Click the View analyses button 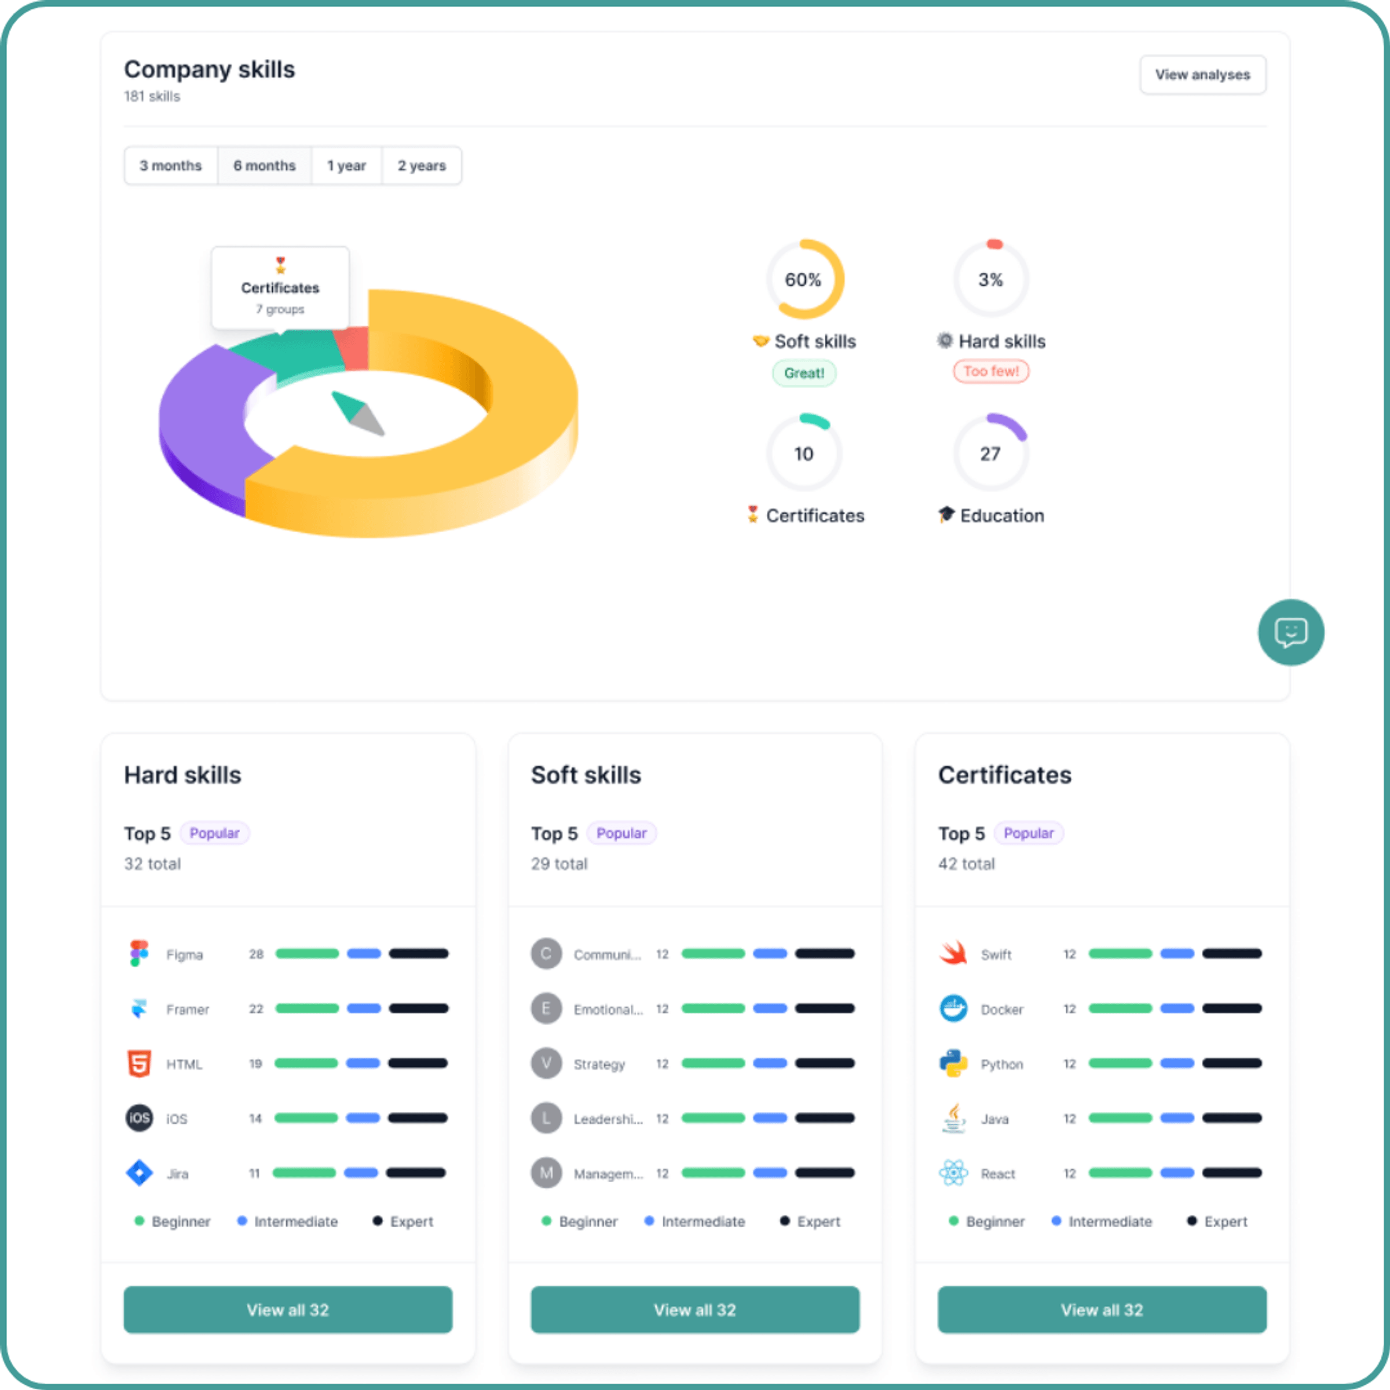[1202, 75]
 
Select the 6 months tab [264, 166]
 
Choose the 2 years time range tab [422, 166]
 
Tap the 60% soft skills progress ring [804, 279]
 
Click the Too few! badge [991, 371]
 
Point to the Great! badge [804, 372]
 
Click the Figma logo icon [139, 953]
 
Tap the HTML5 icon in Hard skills [139, 1063]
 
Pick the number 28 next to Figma [256, 954]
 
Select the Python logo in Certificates [953, 1063]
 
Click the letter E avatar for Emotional [546, 1009]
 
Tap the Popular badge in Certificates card [1028, 833]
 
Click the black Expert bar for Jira [416, 1173]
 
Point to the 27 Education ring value [990, 454]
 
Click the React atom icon [953, 1173]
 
